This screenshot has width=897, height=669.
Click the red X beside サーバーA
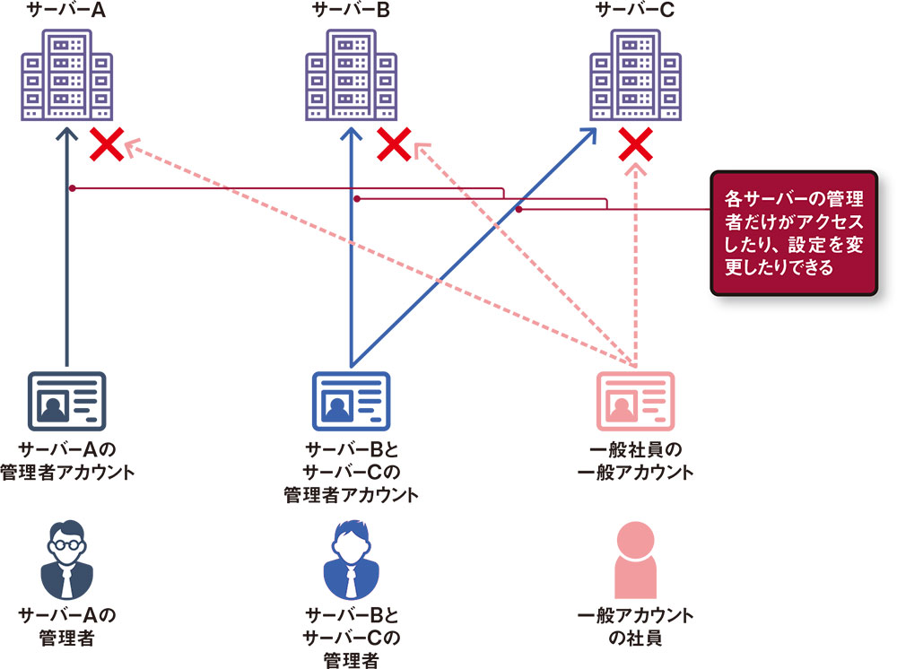108,144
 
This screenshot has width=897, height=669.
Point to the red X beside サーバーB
394,144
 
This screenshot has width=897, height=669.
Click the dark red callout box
790,232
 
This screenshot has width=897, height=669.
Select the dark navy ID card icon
67,401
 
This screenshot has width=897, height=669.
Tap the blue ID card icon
352,401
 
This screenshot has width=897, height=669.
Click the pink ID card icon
635,401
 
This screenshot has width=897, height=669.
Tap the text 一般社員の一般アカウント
635,459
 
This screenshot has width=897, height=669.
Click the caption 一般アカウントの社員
635,627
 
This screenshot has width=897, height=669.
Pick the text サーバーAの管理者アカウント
67,459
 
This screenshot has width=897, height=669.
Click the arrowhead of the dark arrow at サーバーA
68,134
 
